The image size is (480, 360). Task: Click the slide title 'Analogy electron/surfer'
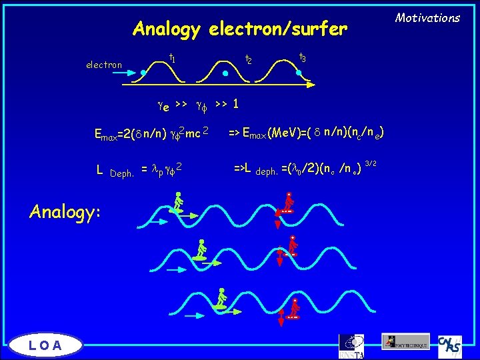(x=240, y=29)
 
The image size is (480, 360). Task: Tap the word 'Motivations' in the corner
(x=428, y=18)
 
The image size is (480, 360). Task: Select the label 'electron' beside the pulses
(x=104, y=65)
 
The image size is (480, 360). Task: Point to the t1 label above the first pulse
(x=172, y=59)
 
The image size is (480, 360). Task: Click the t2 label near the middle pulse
(x=248, y=59)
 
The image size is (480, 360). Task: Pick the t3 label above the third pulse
(x=302, y=57)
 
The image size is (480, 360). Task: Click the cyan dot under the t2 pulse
(x=225, y=74)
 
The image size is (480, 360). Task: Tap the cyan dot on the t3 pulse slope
(x=299, y=73)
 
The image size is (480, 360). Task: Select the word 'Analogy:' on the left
(x=65, y=211)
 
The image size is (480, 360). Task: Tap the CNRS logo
(x=451, y=343)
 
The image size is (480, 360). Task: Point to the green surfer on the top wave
(x=177, y=203)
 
